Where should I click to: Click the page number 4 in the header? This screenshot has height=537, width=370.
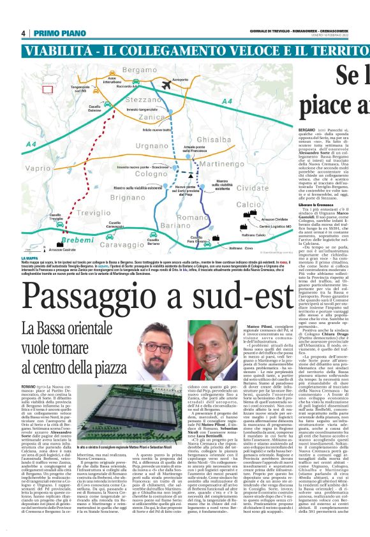coord(23,33)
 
